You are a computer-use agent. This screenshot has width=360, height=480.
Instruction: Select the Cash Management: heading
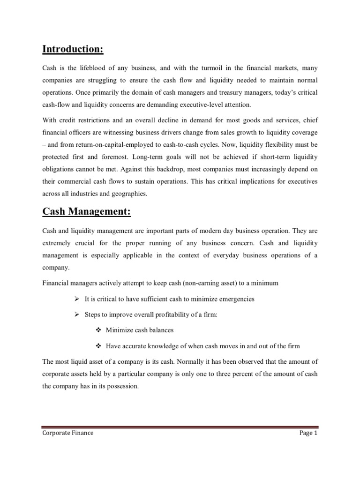pyautogui.click(x=87, y=211)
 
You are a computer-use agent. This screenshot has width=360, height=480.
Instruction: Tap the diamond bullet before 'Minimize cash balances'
pyautogui.click(x=98, y=330)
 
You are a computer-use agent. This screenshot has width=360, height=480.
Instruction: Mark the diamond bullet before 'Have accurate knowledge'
pyautogui.click(x=98, y=346)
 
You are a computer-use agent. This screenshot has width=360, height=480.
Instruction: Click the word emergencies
pyautogui.click(x=234, y=299)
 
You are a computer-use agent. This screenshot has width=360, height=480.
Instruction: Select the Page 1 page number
pyautogui.click(x=308, y=433)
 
